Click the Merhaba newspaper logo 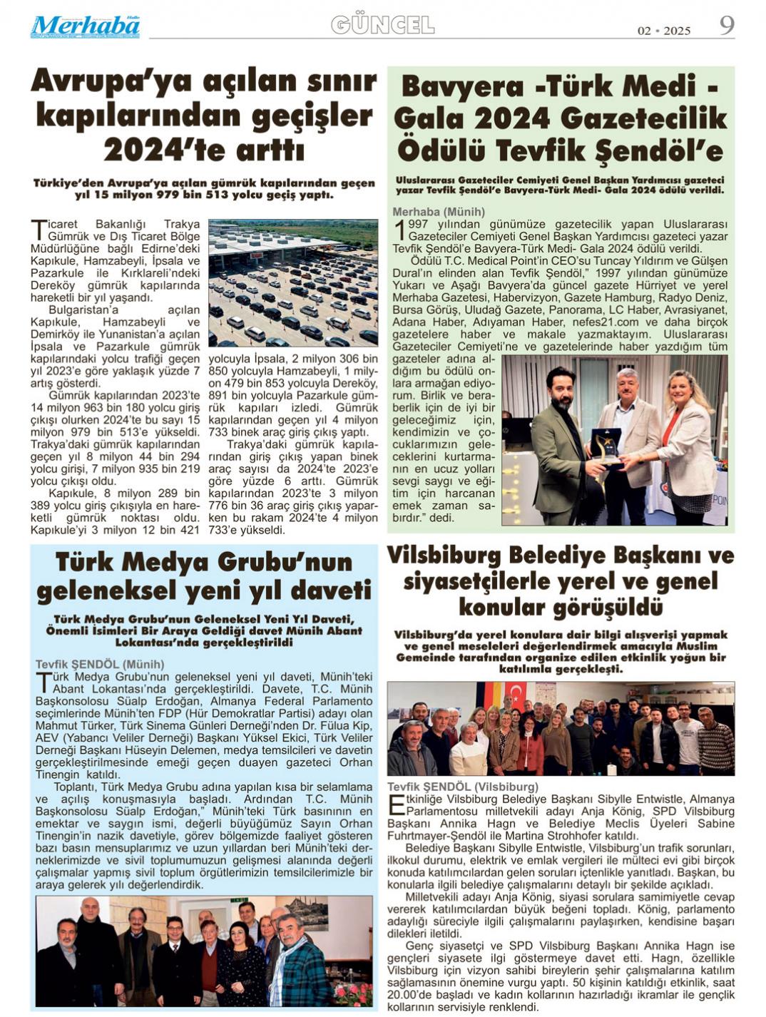[x=85, y=27]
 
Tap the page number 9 [x=726, y=26]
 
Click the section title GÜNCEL [x=382, y=26]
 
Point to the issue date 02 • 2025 [x=663, y=31]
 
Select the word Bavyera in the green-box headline [x=464, y=87]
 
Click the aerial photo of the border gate [x=293, y=282]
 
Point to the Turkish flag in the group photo [x=516, y=694]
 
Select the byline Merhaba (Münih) [x=438, y=212]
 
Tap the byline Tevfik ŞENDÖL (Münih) [x=100, y=664]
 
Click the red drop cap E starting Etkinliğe [x=394, y=806]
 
